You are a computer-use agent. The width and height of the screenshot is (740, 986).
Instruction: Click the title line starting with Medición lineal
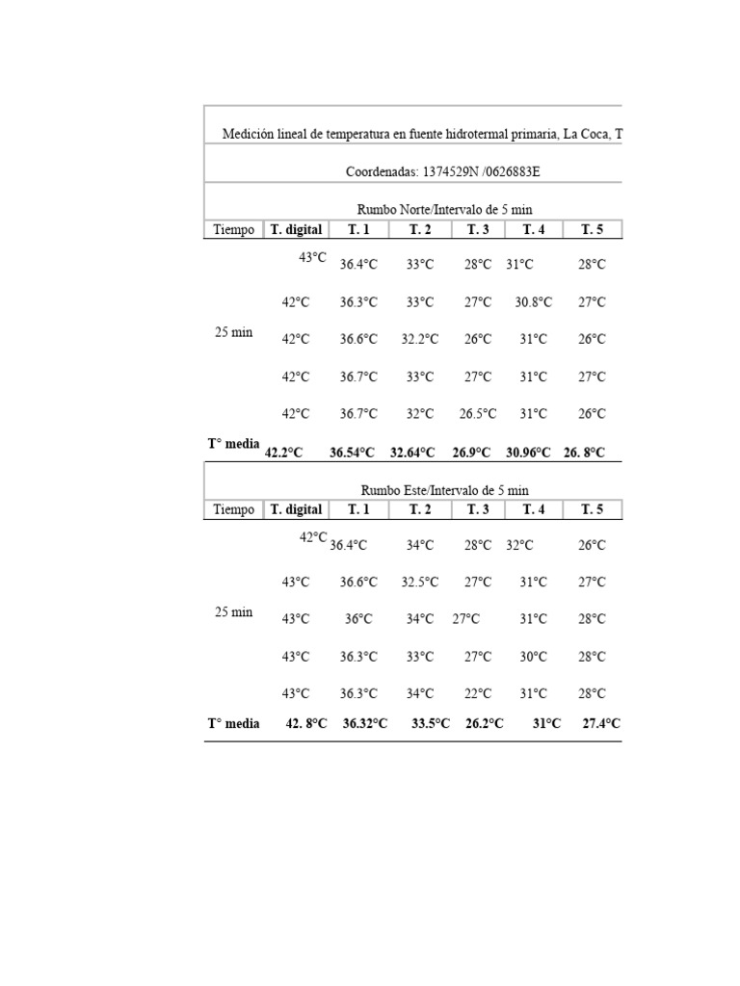[x=422, y=134]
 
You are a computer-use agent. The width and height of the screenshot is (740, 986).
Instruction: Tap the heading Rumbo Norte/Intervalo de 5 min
[x=444, y=209]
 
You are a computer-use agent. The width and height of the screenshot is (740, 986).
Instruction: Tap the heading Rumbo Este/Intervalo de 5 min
[x=444, y=490]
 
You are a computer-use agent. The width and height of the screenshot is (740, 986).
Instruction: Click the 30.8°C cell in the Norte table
[x=533, y=302]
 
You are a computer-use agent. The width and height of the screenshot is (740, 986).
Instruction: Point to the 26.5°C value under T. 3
[x=477, y=414]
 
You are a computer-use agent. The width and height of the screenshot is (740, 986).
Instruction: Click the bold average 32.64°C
[x=412, y=452]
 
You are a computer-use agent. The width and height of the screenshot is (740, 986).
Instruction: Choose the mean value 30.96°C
[x=529, y=452]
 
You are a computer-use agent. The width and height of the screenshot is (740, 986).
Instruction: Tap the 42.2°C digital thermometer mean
[x=283, y=452]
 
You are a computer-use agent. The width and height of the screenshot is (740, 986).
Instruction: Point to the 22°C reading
[x=478, y=693]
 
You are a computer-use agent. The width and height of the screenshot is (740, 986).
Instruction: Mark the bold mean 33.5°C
[x=430, y=724]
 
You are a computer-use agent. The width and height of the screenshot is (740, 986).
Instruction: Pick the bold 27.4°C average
[x=601, y=724]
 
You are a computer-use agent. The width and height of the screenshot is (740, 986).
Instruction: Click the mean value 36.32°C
[x=365, y=724]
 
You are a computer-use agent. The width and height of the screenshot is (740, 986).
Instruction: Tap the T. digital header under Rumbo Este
[x=296, y=509]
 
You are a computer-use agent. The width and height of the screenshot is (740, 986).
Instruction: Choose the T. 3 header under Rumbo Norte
[x=478, y=229]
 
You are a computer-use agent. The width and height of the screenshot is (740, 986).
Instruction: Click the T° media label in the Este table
[x=233, y=723]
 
